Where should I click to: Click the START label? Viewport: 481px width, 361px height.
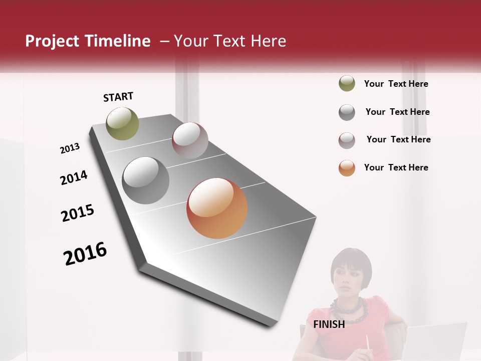tap(118, 97)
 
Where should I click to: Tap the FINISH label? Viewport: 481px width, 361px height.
tap(329, 324)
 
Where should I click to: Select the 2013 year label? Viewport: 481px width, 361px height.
tap(70, 148)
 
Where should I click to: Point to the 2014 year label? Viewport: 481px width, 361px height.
tap(74, 177)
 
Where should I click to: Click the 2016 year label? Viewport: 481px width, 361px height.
tap(85, 254)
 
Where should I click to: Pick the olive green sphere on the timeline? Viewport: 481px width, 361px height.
tap(122, 123)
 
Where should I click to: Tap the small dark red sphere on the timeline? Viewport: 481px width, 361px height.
tap(190, 140)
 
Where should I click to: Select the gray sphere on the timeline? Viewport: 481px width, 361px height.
tap(146, 180)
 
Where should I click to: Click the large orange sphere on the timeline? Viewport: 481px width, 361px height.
tap(217, 208)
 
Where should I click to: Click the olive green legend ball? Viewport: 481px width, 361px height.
tap(347, 84)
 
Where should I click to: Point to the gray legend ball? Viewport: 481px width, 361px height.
tap(347, 112)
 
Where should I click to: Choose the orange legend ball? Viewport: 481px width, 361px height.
tap(347, 168)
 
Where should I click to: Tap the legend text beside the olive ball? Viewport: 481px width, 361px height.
tap(396, 84)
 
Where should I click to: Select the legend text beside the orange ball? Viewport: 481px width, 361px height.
tap(396, 167)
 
